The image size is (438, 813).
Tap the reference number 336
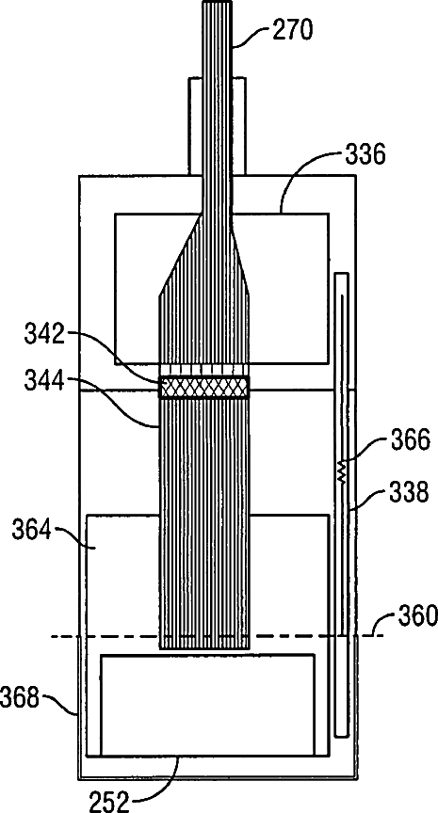click(365, 155)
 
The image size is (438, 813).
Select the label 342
click(45, 336)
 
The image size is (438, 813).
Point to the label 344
click(45, 382)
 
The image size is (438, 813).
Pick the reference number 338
click(409, 492)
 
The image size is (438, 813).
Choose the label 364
click(32, 532)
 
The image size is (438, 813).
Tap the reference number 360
click(417, 617)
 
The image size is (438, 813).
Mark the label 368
click(20, 698)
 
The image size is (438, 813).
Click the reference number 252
click(108, 802)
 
